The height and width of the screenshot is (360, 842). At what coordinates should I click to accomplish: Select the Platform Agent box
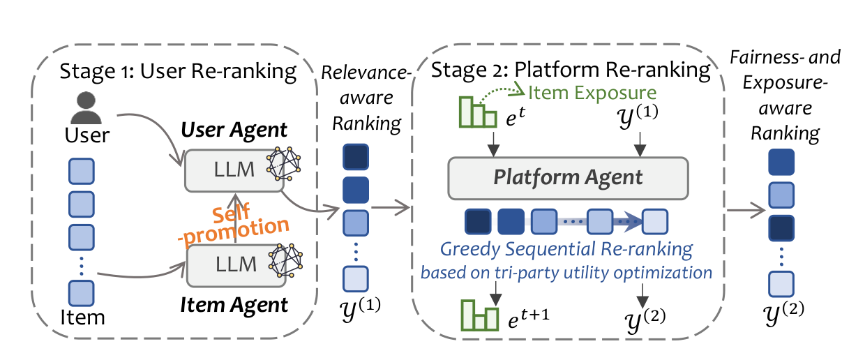click(x=567, y=177)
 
